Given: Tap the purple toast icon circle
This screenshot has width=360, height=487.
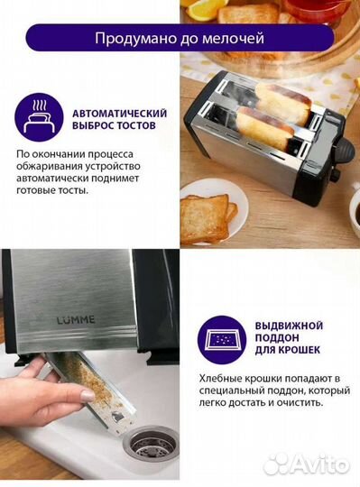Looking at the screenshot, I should [38, 118].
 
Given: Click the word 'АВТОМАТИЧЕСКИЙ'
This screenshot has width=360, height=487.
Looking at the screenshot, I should [119, 112].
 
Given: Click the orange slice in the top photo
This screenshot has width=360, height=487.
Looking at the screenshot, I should [204, 8].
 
